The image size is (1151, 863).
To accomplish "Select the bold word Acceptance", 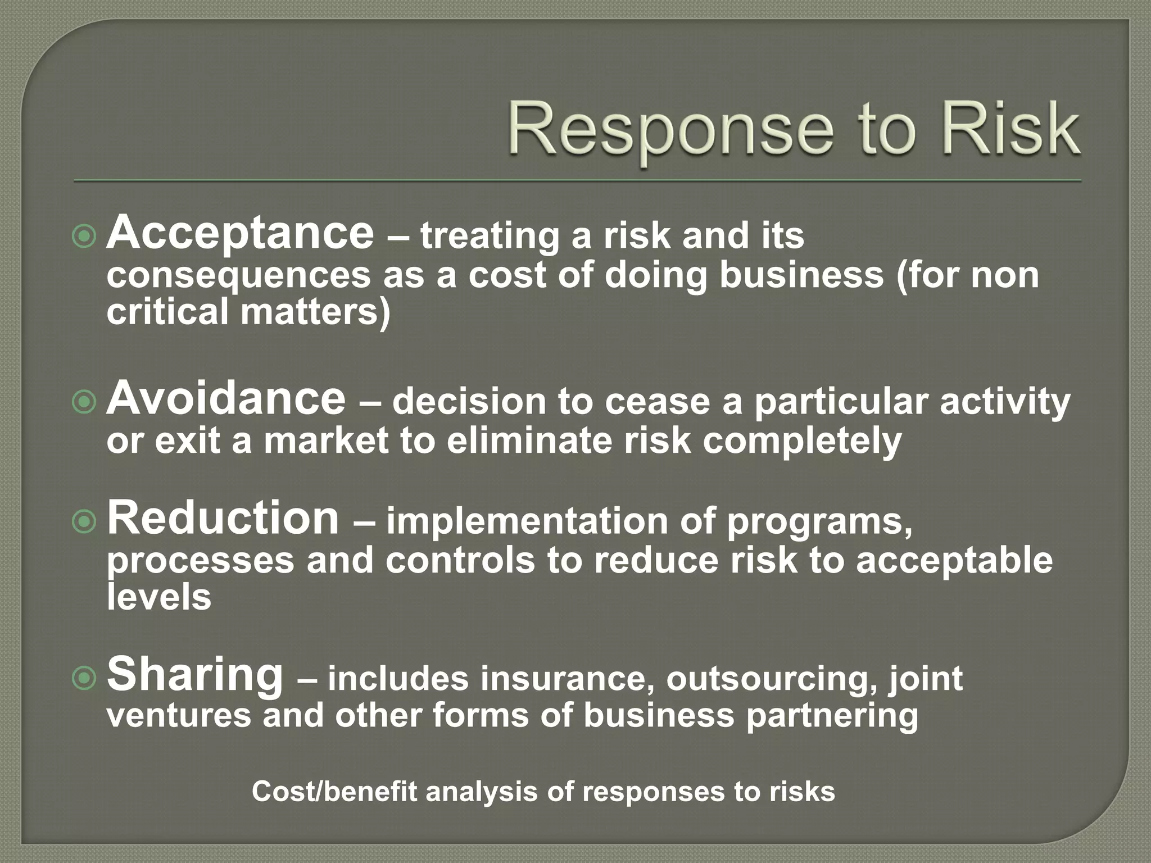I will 240,234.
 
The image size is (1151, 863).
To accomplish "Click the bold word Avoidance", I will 226,399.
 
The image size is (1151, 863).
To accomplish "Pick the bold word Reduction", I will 223,518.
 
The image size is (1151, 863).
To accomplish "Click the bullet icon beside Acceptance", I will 84,237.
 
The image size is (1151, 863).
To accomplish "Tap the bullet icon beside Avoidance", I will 84,402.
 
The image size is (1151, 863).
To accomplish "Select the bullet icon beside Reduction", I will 84,523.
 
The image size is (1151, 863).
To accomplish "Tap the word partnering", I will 832,716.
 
